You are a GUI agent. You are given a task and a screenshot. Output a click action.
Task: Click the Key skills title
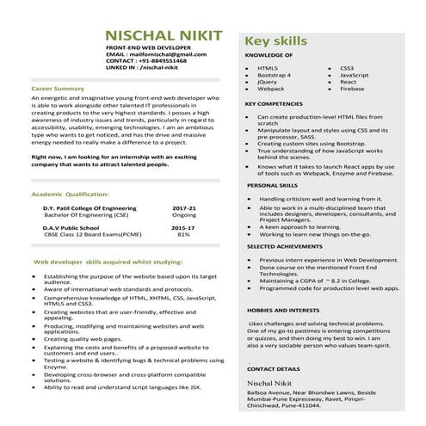coord(277,41)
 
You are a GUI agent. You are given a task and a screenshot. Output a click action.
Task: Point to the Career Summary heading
coord(58,88)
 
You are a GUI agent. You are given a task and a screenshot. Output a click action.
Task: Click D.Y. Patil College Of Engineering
coord(90,207)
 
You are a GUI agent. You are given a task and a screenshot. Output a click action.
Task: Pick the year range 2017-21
coord(184,207)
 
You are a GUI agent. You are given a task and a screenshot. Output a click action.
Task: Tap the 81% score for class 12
coord(183,234)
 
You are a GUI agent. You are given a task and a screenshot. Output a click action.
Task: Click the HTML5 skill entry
coord(268,67)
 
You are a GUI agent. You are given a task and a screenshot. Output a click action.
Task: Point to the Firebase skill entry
coord(353,88)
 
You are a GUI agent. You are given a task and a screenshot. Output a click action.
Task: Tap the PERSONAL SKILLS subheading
coord(272,185)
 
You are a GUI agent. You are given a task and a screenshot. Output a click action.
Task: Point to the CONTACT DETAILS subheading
coord(275,368)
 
